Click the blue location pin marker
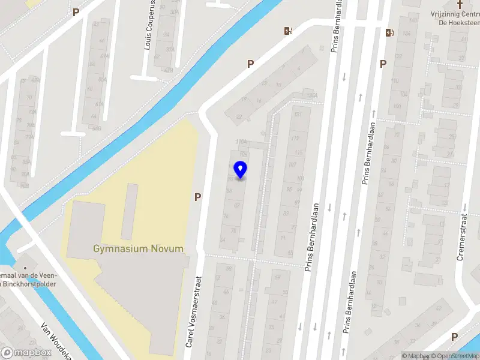tap(241, 171)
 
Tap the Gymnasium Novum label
tap(138, 248)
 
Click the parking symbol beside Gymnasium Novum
tap(197, 196)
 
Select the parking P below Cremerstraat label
tap(454, 337)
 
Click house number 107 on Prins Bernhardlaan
tap(292, 164)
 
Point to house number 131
tap(297, 114)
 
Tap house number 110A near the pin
tap(241, 142)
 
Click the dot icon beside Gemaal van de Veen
tap(25, 268)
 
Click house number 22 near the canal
tap(239, 117)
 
